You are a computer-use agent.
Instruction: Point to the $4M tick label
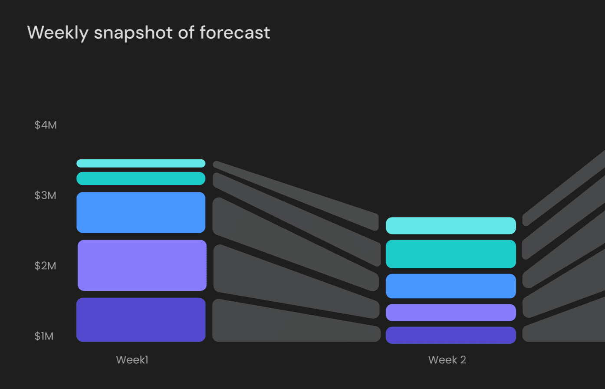pos(46,125)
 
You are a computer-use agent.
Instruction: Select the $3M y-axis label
pos(46,195)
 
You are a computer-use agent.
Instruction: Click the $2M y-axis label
pos(46,266)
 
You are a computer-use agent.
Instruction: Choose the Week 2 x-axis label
pos(447,360)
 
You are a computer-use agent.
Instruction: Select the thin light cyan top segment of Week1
pos(141,163)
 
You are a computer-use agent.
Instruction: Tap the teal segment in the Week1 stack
pos(141,178)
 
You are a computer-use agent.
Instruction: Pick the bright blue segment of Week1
pos(141,212)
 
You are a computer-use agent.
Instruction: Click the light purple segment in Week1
pos(142,265)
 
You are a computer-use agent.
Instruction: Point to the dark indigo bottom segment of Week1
pos(141,320)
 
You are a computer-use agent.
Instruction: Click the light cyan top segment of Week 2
pos(450,226)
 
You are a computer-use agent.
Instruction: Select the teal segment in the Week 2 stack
pos(450,254)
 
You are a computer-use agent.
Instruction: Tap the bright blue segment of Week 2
pos(450,286)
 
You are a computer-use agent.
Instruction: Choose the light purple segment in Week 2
pos(450,313)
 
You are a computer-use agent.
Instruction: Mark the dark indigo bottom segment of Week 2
pos(450,335)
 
